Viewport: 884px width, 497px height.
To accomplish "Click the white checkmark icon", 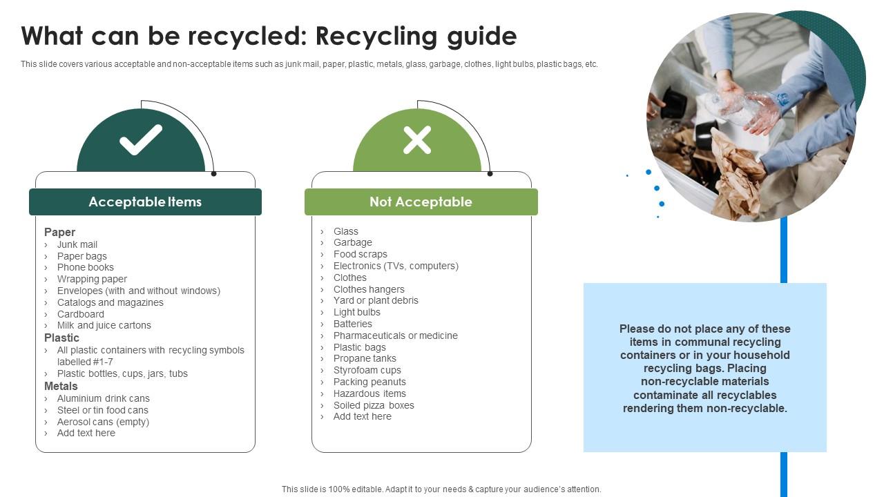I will pos(141,139).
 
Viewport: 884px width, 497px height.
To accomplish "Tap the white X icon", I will pos(417,139).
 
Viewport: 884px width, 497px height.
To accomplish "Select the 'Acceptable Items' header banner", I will pos(145,202).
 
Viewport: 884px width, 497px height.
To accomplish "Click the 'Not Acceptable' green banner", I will pos(421,202).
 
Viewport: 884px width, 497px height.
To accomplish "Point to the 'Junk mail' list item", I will pos(77,244).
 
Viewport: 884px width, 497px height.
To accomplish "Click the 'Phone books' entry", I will pos(85,267).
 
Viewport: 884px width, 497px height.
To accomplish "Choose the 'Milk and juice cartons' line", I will pos(104,325).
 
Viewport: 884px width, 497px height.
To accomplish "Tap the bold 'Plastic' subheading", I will pos(61,338).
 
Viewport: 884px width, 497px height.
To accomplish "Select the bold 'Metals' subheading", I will pos(61,386).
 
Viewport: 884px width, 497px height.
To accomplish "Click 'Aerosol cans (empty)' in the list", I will pos(103,422).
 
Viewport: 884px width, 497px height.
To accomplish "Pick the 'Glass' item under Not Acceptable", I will pos(345,231).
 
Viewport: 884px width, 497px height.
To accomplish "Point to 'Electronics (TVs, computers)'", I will pos(396,266).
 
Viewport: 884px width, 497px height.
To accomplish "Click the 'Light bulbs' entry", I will pos(356,312).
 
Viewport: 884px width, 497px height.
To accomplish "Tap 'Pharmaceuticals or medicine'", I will pos(395,335).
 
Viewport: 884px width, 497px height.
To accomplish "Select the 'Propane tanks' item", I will pos(365,358).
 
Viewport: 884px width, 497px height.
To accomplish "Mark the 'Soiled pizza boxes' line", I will pos(374,405).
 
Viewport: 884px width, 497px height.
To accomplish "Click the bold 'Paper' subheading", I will pos(59,232).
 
